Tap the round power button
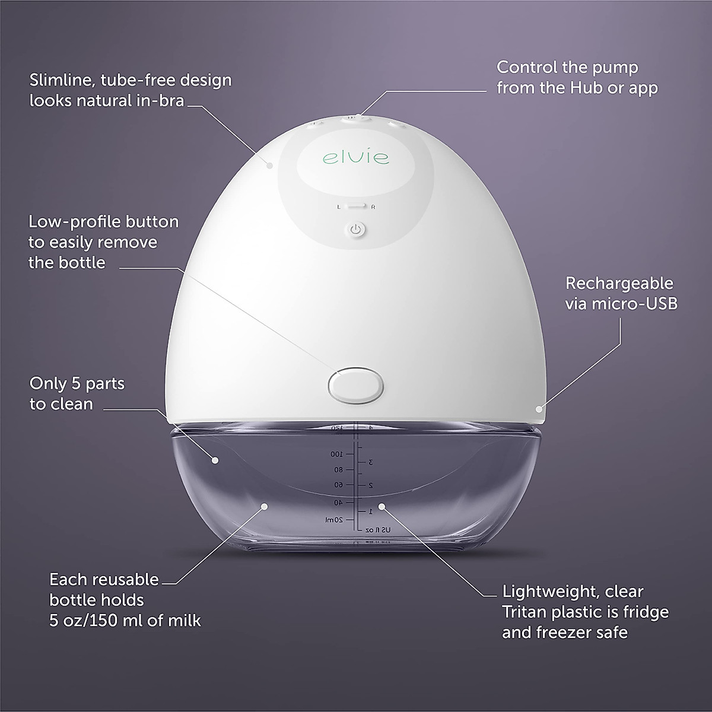356,230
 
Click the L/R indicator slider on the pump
356,207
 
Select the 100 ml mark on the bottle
337,454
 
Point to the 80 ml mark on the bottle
338,470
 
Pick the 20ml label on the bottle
334,520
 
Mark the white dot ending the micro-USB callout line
539,408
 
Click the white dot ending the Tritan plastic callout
382,507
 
